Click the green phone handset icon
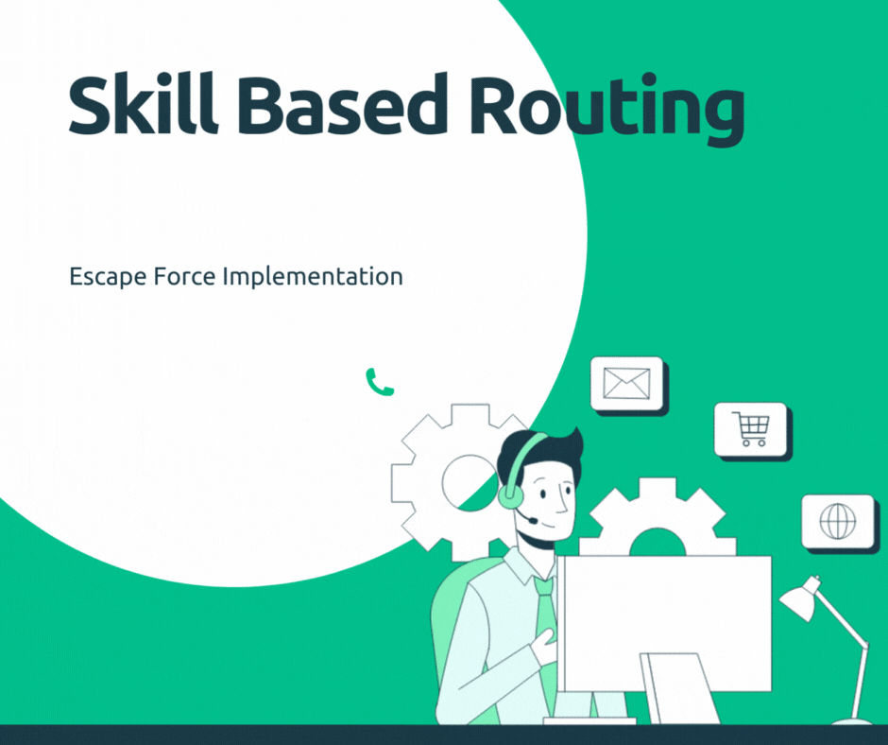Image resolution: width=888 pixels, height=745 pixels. pyautogui.click(x=379, y=382)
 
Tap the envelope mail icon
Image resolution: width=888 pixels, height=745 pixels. pyautogui.click(x=627, y=383)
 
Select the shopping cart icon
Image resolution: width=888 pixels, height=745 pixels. pyautogui.click(x=752, y=429)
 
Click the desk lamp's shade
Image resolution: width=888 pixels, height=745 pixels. pyautogui.click(x=799, y=600)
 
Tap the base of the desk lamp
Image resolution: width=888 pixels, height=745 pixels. pyautogui.click(x=851, y=721)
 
